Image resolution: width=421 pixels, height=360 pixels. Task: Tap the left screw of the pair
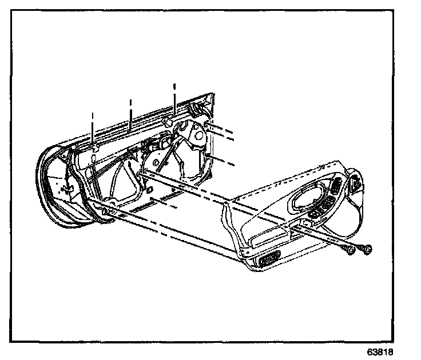point(348,251)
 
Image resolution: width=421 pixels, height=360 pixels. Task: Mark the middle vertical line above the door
point(131,112)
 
